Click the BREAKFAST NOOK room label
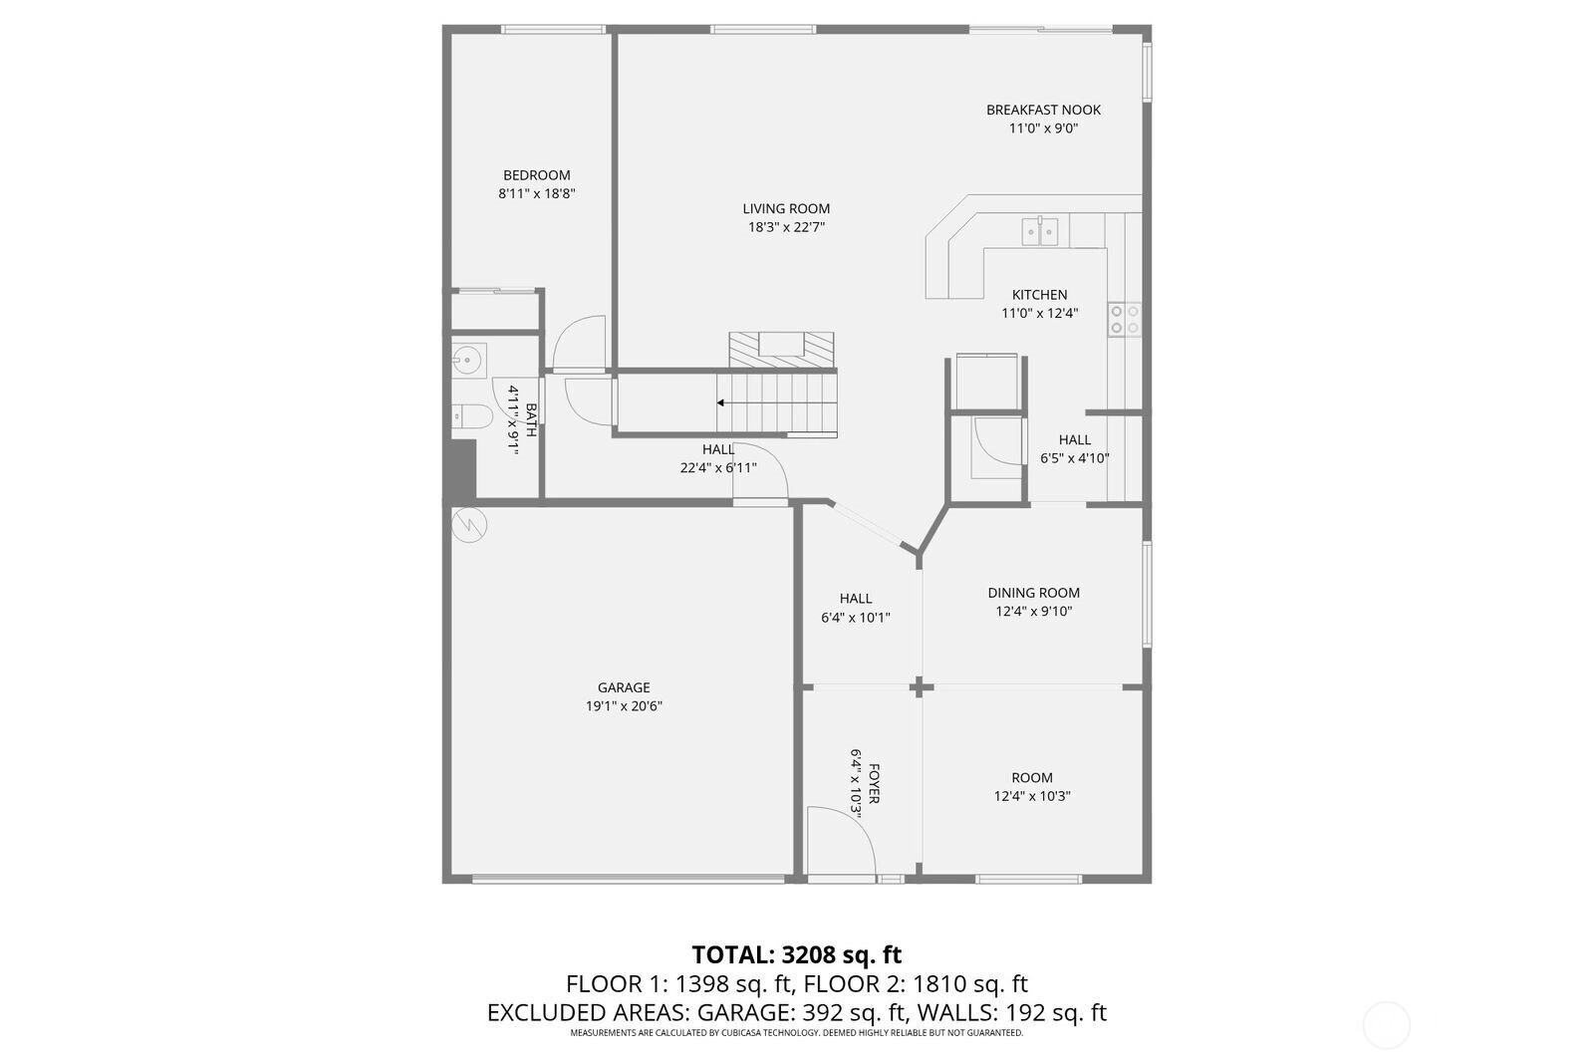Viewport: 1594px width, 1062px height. [1043, 110]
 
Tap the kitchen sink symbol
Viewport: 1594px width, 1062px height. [1040, 231]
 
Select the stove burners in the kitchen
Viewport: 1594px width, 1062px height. [1125, 320]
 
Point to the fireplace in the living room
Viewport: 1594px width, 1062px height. [781, 350]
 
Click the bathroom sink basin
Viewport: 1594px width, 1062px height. [466, 360]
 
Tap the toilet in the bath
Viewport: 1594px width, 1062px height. [471, 416]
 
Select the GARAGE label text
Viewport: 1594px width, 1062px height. [624, 687]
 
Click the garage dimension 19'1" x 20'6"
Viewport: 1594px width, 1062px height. [624, 706]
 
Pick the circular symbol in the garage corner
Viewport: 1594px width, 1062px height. [469, 526]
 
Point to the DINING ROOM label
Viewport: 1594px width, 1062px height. [1033, 592]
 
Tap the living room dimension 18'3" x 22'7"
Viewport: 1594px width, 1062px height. [786, 227]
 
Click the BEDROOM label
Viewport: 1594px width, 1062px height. [537, 175]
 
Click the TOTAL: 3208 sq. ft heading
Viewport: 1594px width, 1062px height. [796, 953]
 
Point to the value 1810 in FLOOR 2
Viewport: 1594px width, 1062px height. [940, 983]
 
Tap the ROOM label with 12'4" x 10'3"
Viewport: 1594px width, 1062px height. [1032, 778]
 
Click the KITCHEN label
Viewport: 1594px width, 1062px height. [1040, 295]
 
